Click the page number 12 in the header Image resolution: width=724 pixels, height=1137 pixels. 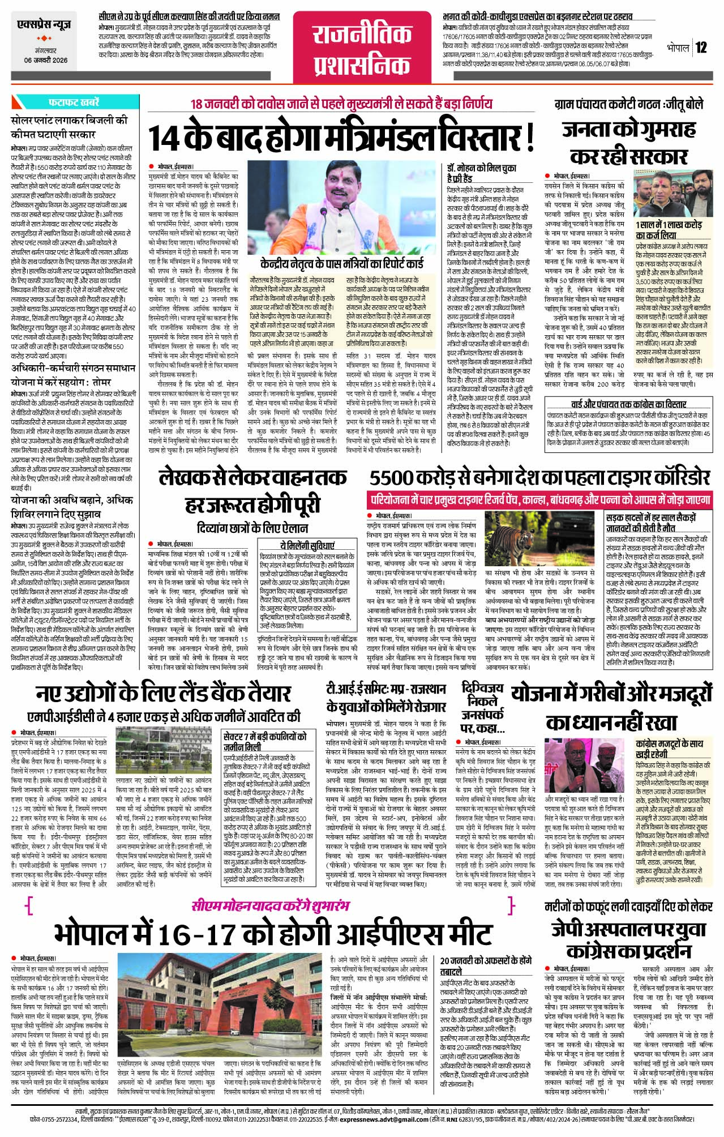[x=702, y=48]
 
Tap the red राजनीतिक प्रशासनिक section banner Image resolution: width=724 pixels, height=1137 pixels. [x=362, y=50]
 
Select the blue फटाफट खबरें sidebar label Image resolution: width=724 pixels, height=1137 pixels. [x=74, y=102]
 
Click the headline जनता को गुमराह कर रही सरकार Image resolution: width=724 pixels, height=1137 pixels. [x=628, y=142]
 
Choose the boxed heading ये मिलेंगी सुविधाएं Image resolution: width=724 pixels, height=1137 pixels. [x=307, y=544]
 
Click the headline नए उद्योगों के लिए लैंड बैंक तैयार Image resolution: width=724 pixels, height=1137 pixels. [x=164, y=694]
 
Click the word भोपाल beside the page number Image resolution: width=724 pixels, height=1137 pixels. [x=678, y=48]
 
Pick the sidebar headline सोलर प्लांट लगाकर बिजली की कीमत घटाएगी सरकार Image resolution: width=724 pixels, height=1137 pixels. [x=70, y=127]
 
